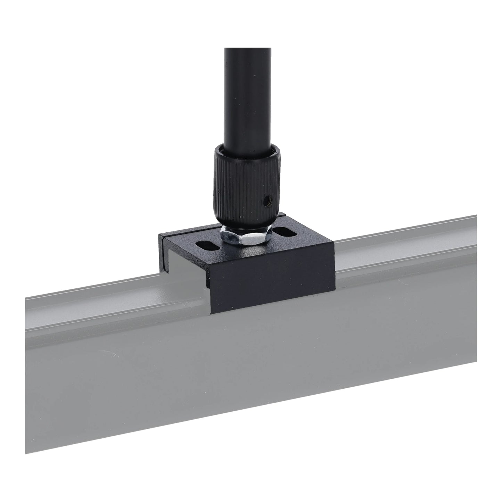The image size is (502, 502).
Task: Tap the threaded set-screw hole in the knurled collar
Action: pyautogui.click(x=267, y=200)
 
